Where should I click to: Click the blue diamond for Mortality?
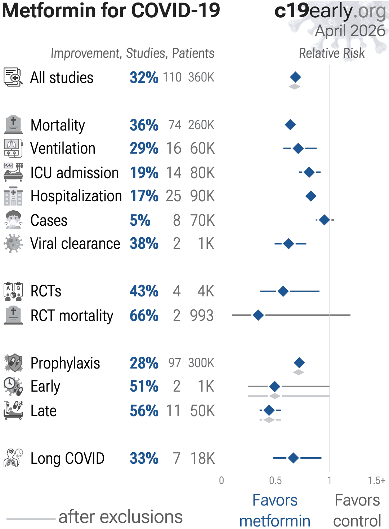pos(290,125)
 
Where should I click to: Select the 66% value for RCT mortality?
pos(144,316)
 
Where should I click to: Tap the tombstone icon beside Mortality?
pos(13,125)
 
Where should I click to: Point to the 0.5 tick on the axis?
pos(276,480)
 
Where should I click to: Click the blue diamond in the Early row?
pos(275,387)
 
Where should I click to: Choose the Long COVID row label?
pos(67,458)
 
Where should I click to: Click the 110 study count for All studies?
pos(172,77)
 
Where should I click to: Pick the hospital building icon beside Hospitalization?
pos(13,196)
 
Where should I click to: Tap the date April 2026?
pos(350,31)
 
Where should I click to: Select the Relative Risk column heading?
pos(332,53)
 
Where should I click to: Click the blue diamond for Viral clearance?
pos(289,244)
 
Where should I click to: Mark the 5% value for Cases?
pos(140,220)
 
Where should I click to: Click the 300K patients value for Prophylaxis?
pos(201,363)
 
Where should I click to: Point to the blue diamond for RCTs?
pos(283,291)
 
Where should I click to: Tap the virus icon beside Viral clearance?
pos(13,244)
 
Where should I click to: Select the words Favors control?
pos(357,510)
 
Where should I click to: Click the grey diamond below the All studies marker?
pos(295,87)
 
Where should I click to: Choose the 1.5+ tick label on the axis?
pos(376,480)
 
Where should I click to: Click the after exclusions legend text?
pos(120,517)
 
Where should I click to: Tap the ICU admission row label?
pos(75,173)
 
